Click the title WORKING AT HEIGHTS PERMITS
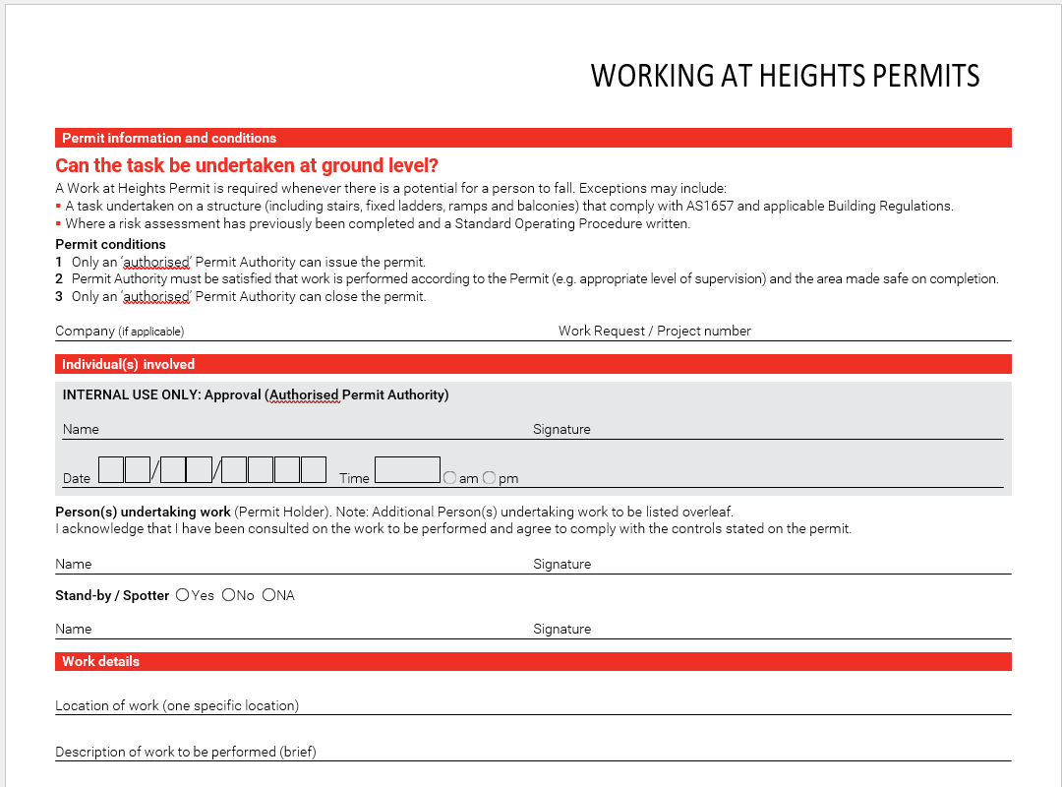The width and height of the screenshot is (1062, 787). pyautogui.click(x=785, y=76)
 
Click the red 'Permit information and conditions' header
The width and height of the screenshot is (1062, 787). pyautogui.click(x=169, y=138)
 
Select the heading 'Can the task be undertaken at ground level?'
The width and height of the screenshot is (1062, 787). pyautogui.click(x=247, y=165)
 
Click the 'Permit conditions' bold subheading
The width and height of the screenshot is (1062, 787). pyautogui.click(x=110, y=244)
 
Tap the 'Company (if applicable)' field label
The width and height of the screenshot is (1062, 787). pyautogui.click(x=119, y=332)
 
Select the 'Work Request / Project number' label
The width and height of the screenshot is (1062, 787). pyautogui.click(x=654, y=331)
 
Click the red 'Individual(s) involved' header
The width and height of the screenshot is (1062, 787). pyautogui.click(x=129, y=364)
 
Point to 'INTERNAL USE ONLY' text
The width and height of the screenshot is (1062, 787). pyautogui.click(x=131, y=394)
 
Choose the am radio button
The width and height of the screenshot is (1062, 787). pyautogui.click(x=449, y=478)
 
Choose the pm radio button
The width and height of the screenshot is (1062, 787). pyautogui.click(x=489, y=478)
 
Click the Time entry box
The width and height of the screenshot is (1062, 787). pyautogui.click(x=407, y=470)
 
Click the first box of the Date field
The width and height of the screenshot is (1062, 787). pyautogui.click(x=111, y=470)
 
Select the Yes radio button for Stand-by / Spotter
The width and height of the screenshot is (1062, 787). pyautogui.click(x=182, y=595)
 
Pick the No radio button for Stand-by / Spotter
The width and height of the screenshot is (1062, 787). pyautogui.click(x=228, y=595)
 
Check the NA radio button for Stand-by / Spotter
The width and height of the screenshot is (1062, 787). pyautogui.click(x=268, y=595)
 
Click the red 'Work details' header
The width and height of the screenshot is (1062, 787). pyautogui.click(x=100, y=661)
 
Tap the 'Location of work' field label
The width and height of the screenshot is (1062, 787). pyautogui.click(x=177, y=705)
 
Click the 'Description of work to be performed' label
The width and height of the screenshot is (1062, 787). pyautogui.click(x=186, y=752)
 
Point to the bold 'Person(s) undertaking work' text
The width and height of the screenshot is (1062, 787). pyautogui.click(x=143, y=512)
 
